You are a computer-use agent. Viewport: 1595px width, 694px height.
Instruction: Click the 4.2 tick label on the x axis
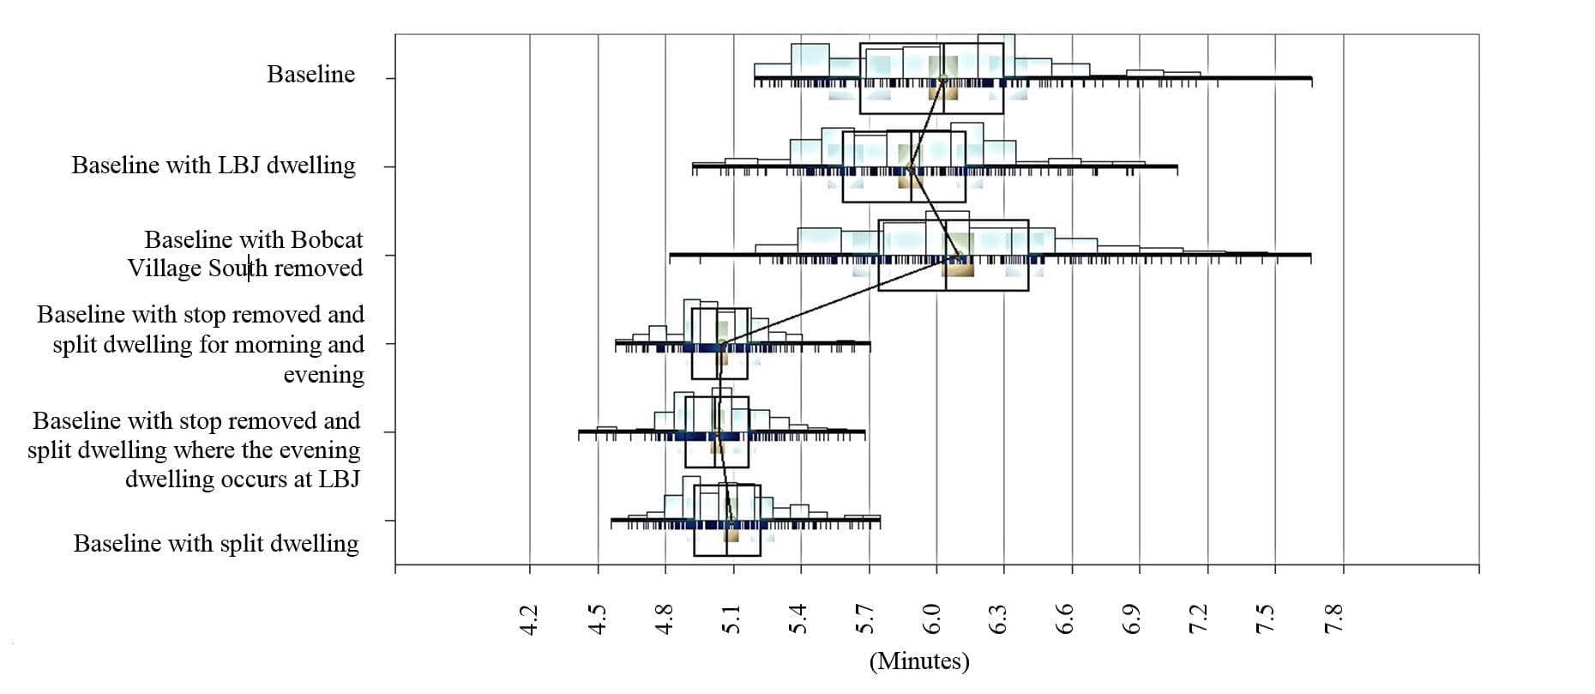pos(529,619)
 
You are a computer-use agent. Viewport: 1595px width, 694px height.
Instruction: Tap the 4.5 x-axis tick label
pos(598,619)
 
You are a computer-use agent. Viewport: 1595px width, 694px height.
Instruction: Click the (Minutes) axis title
pos(919,661)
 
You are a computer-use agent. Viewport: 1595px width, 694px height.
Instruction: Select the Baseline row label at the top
pos(310,75)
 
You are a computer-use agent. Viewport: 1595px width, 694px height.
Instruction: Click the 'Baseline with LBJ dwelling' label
pos(214,165)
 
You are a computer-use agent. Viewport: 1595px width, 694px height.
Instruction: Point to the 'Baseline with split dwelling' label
pos(216,543)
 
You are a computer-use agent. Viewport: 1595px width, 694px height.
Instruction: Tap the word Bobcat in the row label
pos(325,239)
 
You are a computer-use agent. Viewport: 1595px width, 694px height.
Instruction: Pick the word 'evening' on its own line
pos(323,374)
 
